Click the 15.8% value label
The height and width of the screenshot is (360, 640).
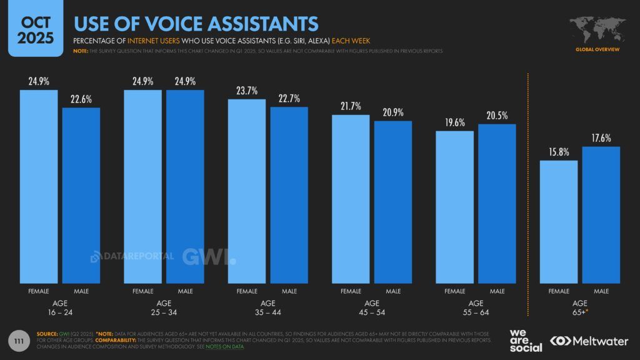point(559,151)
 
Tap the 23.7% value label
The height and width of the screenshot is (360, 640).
point(247,90)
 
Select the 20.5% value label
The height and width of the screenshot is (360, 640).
point(497,115)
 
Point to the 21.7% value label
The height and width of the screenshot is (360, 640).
point(351,106)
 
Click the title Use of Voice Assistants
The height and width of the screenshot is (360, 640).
point(196,24)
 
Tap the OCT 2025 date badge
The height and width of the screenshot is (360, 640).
point(35,28)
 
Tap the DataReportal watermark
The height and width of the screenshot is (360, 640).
point(131,257)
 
